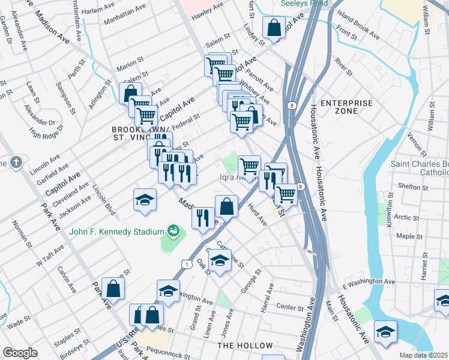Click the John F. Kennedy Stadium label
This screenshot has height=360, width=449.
117,232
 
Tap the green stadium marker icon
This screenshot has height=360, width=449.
173,230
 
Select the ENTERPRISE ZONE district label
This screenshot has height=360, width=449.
346,108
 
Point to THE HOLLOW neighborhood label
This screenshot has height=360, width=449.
245,346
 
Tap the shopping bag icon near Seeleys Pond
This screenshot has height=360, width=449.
274,28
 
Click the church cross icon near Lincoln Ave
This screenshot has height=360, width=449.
16,162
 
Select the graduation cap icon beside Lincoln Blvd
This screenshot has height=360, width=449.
145,200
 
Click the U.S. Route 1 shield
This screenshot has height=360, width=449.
186,263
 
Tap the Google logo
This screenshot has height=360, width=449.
20,353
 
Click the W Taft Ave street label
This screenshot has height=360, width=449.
50,256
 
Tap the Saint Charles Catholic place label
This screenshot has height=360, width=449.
420,168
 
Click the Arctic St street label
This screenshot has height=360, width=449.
407,218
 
